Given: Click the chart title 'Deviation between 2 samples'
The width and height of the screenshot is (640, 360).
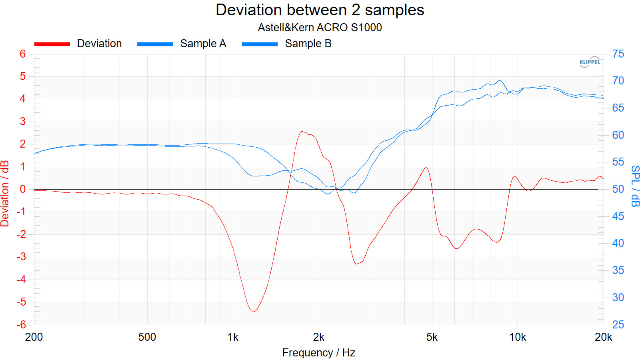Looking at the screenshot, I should pos(320,10).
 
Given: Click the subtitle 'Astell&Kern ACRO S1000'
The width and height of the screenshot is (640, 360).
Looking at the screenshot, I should pos(320,28).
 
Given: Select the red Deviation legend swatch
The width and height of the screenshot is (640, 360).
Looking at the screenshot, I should pos(52,44).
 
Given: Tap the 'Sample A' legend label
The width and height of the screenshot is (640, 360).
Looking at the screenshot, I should pos(203,44).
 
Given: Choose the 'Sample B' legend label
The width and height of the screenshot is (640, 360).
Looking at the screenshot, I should pos(308,44).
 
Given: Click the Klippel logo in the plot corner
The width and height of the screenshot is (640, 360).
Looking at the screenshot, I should pos(590,62).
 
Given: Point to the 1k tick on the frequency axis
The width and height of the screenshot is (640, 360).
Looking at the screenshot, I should pos(233,337).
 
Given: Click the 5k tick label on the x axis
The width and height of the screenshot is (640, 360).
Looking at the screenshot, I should pos(432,337).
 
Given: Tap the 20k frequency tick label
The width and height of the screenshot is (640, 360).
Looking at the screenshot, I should pos(603,337).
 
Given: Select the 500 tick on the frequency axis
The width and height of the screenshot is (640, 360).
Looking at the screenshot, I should pos(147,337).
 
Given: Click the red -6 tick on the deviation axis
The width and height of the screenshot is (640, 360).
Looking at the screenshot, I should pos(21,324).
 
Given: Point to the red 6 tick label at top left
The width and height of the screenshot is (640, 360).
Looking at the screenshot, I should pos(23,54).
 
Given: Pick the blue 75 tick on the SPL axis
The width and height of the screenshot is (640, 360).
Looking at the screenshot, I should pos(618,54).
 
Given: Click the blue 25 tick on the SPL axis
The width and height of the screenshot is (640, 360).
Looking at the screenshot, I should pos(618,324).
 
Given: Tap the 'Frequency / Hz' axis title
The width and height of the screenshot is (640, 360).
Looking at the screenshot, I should pos(319,352).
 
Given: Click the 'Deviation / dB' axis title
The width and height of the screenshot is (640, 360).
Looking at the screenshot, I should pos(5,194).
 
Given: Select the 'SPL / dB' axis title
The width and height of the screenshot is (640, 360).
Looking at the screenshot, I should pos(635,186).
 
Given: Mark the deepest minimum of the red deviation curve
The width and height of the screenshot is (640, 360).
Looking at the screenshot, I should pos(253,311).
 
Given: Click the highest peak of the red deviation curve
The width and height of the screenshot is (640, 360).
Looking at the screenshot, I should pos(302,131).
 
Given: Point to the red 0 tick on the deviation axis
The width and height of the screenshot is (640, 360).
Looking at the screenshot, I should pos(23,189).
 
